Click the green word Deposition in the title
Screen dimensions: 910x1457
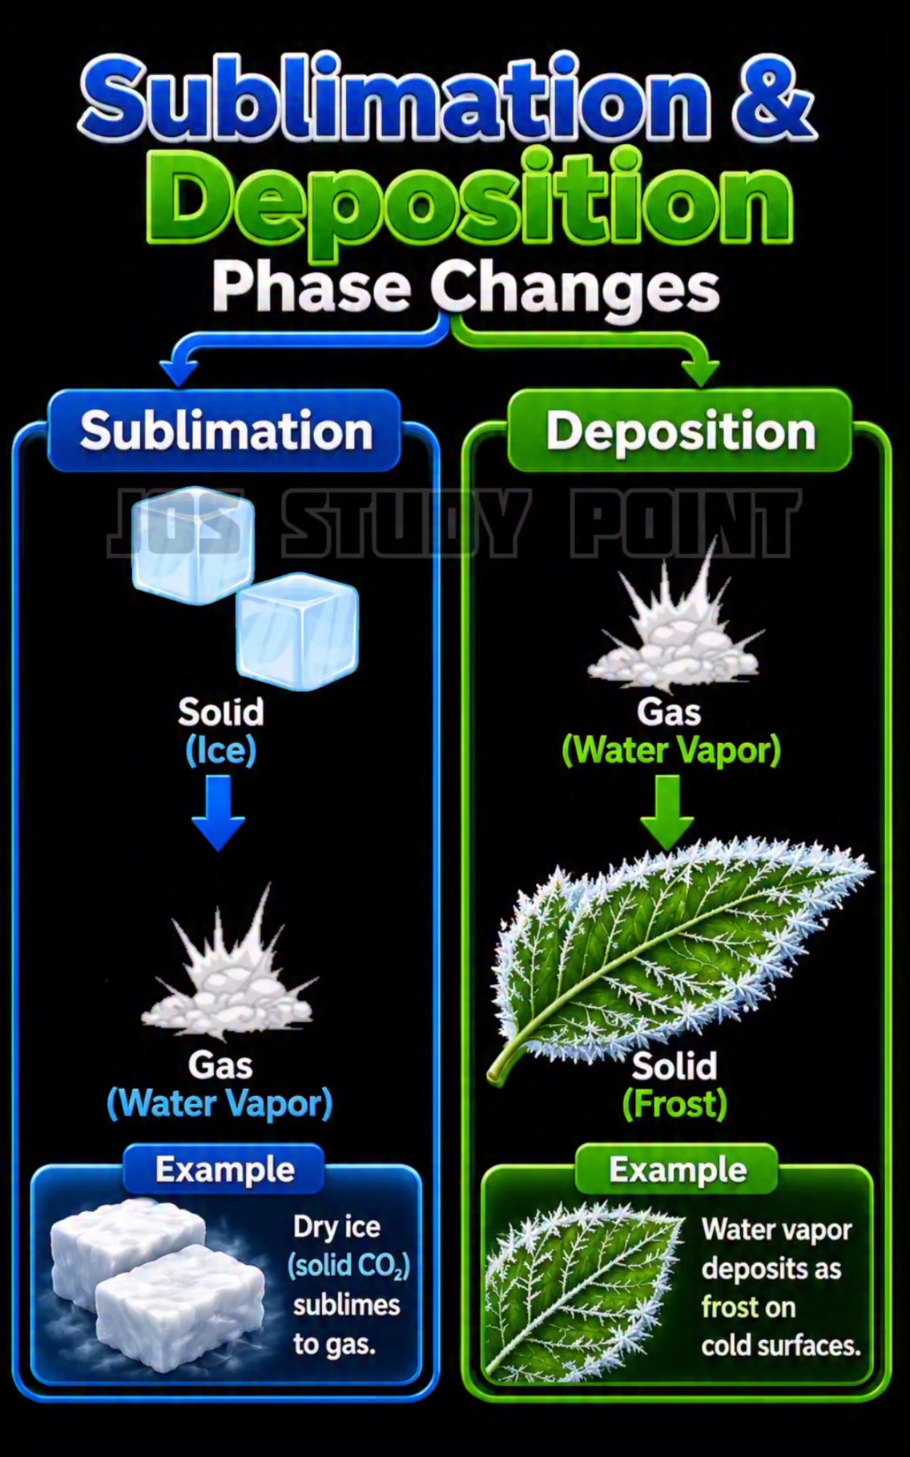470,200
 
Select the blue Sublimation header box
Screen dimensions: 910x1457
224,431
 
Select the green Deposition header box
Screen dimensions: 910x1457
679,431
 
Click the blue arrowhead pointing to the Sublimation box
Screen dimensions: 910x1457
179,371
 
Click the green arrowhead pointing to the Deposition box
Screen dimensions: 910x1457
701,371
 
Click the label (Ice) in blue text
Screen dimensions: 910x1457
221,751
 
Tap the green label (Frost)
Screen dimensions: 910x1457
674,1105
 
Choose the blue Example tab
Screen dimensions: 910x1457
224,1170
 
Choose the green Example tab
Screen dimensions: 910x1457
678,1170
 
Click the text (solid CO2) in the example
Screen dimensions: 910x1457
348,1266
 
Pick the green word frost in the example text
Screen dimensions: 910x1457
730,1307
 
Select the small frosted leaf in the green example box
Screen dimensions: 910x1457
582,1290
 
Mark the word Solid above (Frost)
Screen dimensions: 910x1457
674,1066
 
